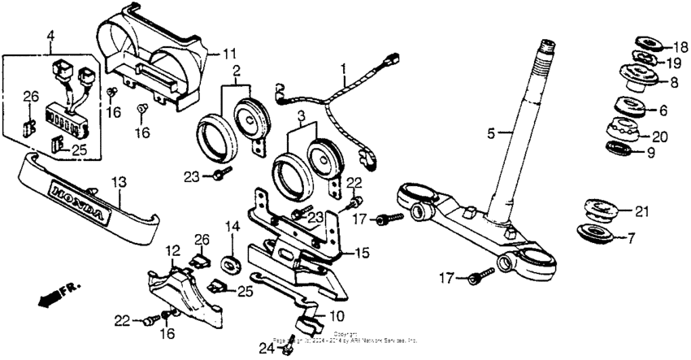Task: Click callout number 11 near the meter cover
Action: (229, 54)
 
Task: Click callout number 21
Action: (642, 213)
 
